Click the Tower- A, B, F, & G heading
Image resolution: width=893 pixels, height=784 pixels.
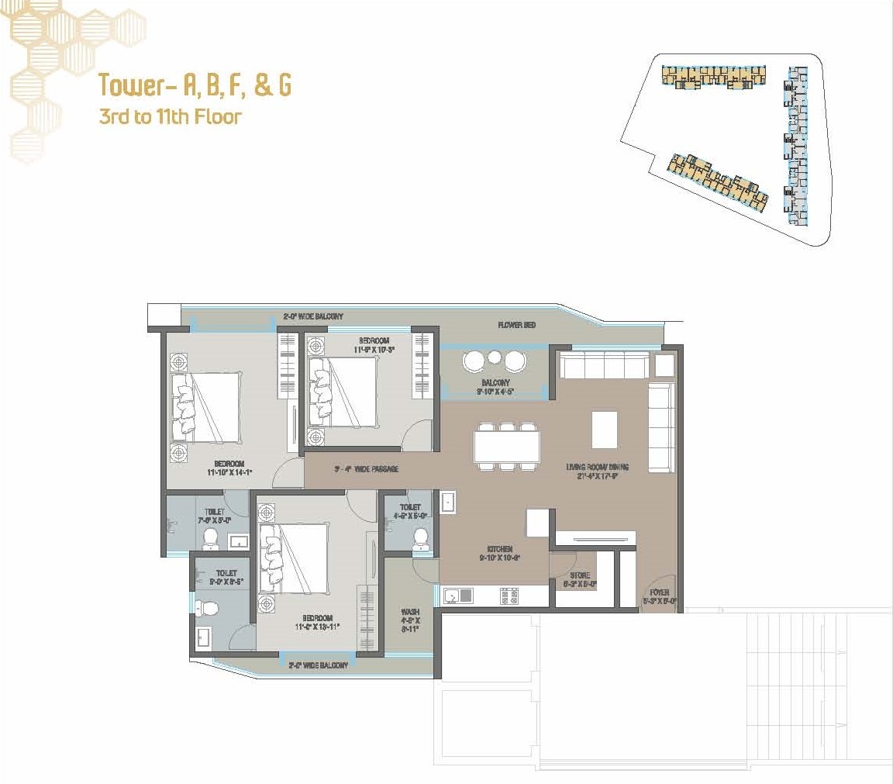tap(195, 85)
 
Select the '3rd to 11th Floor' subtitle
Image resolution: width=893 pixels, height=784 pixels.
tap(171, 118)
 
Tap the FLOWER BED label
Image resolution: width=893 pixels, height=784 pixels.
tap(516, 325)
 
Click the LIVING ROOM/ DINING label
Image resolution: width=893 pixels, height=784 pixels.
tap(597, 471)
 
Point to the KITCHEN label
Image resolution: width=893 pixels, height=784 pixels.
tap(496, 553)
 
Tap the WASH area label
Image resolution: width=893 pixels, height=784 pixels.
tap(410, 620)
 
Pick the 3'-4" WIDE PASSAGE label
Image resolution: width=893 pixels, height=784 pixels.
tap(366, 469)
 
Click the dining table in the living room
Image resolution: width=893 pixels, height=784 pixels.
tap(507, 447)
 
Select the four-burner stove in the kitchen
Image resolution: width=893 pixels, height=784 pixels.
tap(509, 596)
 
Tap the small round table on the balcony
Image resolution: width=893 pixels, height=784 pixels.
tap(494, 358)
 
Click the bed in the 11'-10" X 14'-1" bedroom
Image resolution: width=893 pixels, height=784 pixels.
tap(208, 406)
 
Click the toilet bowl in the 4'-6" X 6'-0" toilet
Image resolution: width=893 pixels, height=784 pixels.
tap(421, 537)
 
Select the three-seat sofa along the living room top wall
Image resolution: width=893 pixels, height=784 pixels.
tap(604, 365)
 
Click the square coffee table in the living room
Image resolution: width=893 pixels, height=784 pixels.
tap(605, 429)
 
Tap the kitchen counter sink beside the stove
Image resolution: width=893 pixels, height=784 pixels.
tap(459, 596)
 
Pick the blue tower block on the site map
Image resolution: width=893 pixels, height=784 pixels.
tap(795, 147)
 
